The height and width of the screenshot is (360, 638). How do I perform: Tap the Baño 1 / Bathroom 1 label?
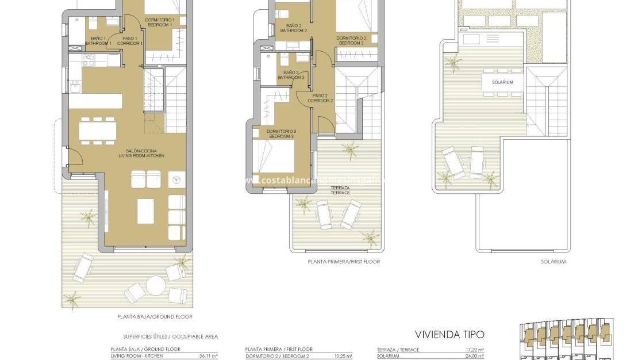click(98, 40)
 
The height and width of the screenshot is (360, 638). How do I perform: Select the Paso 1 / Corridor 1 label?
click(130, 40)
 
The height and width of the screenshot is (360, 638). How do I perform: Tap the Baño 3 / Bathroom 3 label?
click(291, 75)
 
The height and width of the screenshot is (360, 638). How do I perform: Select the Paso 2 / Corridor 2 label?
click(320, 98)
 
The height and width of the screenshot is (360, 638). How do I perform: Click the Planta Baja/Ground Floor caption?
click(155, 317)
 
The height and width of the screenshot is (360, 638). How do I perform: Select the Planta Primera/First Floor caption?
click(343, 262)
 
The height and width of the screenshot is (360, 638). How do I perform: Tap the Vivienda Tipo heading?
click(449, 334)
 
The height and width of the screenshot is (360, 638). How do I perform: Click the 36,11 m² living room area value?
click(208, 356)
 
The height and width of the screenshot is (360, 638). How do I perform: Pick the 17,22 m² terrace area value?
click(474, 350)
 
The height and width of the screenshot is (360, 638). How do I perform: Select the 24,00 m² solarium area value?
click(474, 356)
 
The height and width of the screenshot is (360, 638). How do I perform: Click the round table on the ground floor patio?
click(156, 285)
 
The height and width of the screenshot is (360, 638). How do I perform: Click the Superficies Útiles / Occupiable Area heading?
click(170, 336)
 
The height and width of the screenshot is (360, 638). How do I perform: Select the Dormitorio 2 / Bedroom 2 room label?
click(350, 41)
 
